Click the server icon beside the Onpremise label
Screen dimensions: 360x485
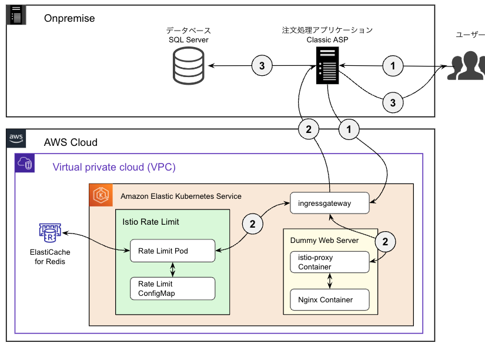click(x=17, y=15)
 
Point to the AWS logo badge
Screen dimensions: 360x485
click(x=16, y=139)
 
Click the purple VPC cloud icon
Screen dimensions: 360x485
click(x=26, y=164)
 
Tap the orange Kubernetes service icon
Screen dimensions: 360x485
click(x=101, y=195)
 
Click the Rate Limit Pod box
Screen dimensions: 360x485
click(x=172, y=251)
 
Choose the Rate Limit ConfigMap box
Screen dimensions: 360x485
click(x=172, y=288)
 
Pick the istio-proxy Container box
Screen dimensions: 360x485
click(x=330, y=262)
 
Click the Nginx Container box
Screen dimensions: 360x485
click(x=330, y=299)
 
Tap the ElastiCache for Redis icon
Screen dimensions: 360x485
click(x=50, y=234)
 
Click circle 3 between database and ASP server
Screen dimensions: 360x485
click(x=262, y=65)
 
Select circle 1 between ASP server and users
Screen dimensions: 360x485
click(x=393, y=65)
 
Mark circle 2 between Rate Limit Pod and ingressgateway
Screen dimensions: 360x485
click(x=253, y=224)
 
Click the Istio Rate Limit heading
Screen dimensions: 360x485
click(x=150, y=222)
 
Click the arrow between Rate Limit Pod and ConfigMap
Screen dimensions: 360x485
click(x=172, y=269)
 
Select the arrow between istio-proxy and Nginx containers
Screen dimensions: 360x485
click(x=330, y=281)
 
